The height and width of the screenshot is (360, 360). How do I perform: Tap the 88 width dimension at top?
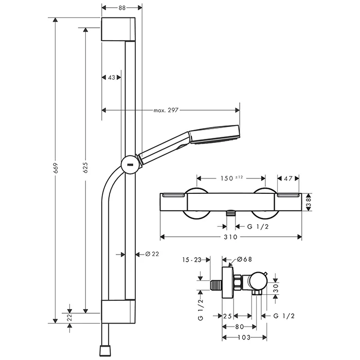point(122,8)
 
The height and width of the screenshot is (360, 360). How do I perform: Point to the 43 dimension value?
point(112,77)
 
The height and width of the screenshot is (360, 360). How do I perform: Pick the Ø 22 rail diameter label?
point(153,254)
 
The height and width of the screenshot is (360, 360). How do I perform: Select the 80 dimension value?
point(240,326)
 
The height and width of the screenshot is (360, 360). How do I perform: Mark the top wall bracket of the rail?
point(119,29)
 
